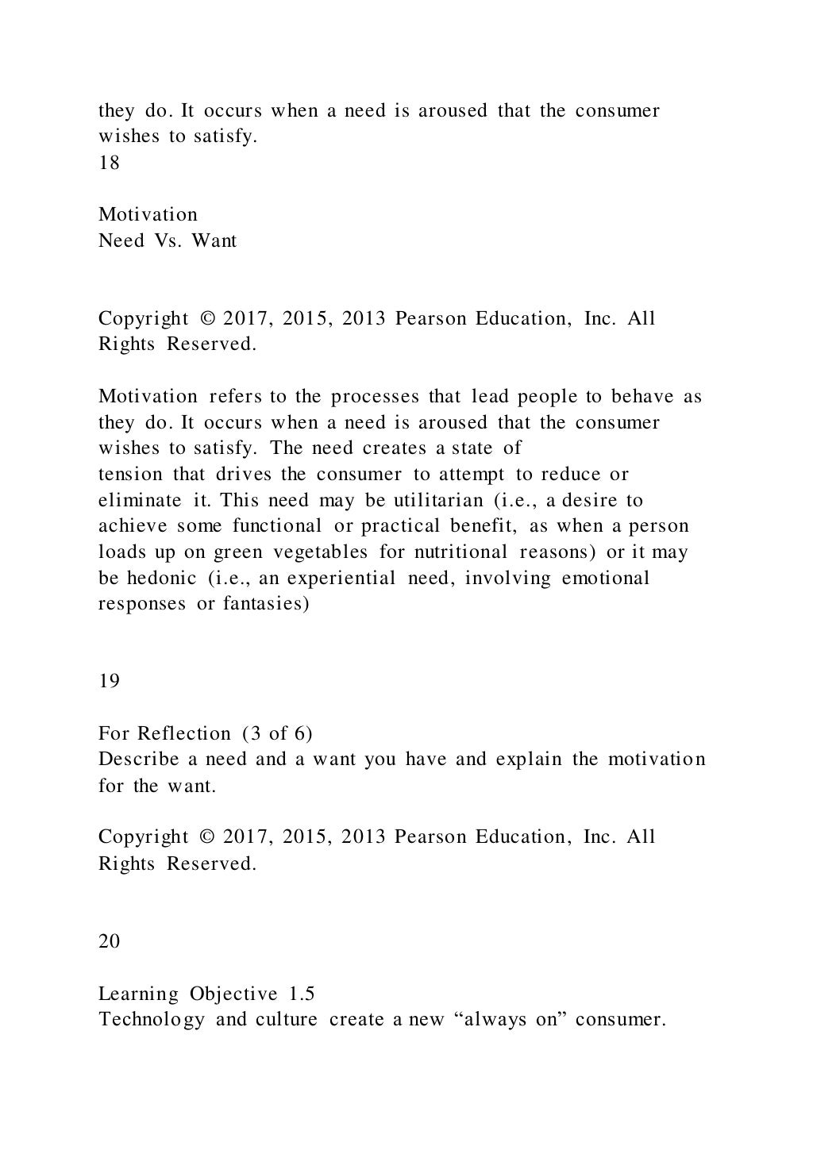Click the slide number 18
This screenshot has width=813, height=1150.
pos(109,163)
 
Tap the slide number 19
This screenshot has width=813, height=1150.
pos(109,681)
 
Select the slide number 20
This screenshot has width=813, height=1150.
pos(110,941)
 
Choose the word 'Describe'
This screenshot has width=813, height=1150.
pos(138,759)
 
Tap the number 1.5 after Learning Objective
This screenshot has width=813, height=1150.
pos(301,994)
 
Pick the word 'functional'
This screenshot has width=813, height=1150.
pos(277,526)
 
